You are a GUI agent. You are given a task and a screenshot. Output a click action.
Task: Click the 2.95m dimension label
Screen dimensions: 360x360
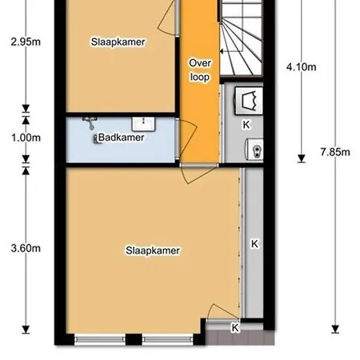(x=26, y=42)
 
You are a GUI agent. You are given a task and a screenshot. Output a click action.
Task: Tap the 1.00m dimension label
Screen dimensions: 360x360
(x=26, y=138)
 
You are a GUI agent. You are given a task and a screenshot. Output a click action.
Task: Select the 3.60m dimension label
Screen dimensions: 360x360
(x=26, y=248)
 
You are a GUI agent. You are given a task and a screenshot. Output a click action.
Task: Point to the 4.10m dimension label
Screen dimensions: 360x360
(x=302, y=67)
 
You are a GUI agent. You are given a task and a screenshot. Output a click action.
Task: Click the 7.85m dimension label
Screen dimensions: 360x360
(x=335, y=152)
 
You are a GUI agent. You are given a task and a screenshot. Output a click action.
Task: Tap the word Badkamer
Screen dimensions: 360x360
(x=122, y=138)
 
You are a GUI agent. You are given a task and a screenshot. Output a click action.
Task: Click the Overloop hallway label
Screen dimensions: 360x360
(x=200, y=70)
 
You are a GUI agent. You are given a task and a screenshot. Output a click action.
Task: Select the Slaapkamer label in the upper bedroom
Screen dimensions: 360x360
(x=118, y=42)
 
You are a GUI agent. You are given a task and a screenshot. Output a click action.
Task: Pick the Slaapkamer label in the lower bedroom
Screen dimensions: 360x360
(x=153, y=250)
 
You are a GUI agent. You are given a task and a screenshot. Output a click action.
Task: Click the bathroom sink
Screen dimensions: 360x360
(x=143, y=124)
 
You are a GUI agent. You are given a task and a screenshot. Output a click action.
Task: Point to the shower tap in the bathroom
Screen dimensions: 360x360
(x=90, y=122)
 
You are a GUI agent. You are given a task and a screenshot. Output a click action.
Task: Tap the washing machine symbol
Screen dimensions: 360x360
(x=249, y=101)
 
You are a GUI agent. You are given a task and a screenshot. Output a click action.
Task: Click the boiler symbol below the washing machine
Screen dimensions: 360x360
(x=254, y=150)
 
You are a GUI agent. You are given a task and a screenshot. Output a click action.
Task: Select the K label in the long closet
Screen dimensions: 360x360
(x=254, y=244)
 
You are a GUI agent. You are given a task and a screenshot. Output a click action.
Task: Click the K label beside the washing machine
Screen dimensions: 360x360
(x=246, y=125)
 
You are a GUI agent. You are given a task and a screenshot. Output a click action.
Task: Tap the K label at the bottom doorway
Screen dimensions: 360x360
(x=235, y=327)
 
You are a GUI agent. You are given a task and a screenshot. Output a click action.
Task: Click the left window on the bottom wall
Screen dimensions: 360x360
(x=100, y=339)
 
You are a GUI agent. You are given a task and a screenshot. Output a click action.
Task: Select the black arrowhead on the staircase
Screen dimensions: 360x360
(x=222, y=51)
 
